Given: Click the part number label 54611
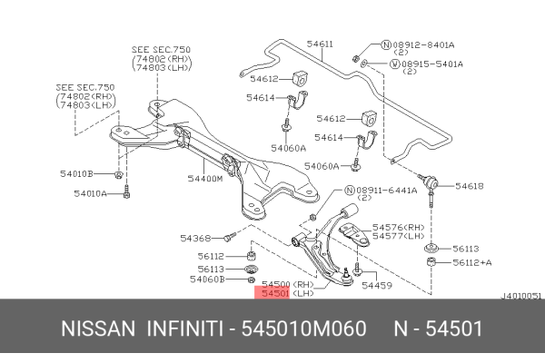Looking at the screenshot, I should [x=320, y=43].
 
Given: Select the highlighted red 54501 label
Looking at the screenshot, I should [x=275, y=294].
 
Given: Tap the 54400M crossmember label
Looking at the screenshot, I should [x=206, y=179].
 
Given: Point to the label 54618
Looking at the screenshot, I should [x=470, y=186].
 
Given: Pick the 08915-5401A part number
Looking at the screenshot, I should [x=432, y=64].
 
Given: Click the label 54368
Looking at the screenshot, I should [x=195, y=239].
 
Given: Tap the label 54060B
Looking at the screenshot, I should [x=208, y=279].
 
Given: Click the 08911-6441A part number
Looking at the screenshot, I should [x=386, y=191].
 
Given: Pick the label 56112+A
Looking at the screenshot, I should [x=471, y=263].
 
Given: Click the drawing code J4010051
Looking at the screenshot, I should [x=521, y=296].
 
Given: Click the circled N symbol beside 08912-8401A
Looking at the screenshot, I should [x=385, y=44].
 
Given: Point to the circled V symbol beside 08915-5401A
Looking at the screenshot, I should [x=394, y=64].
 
